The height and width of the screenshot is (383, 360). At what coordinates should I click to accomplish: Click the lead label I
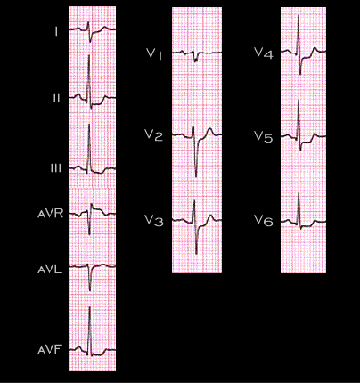tap(56, 32)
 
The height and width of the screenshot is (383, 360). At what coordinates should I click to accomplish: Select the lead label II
tap(56, 98)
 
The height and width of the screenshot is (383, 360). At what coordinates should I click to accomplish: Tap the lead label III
tap(56, 168)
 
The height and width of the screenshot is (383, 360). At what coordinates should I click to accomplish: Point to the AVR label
tap(51, 214)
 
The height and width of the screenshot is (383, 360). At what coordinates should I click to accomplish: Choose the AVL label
tap(50, 269)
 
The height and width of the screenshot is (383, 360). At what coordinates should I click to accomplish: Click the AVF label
tap(49, 350)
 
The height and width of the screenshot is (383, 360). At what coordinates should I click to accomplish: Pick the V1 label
tap(154, 54)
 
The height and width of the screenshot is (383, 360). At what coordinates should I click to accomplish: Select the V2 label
tap(154, 135)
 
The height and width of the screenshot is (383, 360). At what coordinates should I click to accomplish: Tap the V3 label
tap(154, 221)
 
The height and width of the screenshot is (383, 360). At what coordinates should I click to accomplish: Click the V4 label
tap(264, 53)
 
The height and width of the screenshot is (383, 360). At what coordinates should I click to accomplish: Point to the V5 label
tap(264, 137)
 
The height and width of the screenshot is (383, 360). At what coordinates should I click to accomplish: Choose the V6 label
tap(264, 221)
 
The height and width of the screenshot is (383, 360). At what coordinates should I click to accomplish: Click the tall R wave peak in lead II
tap(89, 54)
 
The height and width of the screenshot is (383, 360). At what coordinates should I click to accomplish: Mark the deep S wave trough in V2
tap(196, 176)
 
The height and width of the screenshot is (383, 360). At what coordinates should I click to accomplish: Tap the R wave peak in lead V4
tap(299, 15)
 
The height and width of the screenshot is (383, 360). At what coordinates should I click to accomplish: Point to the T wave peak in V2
tap(210, 129)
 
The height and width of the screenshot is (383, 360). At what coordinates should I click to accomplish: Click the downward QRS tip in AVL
tap(90, 290)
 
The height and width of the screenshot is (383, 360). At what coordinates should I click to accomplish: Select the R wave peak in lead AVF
tap(89, 307)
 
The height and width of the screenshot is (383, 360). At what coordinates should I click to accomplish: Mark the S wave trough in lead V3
tap(196, 254)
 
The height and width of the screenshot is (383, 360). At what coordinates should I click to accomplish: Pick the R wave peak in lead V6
tap(299, 192)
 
